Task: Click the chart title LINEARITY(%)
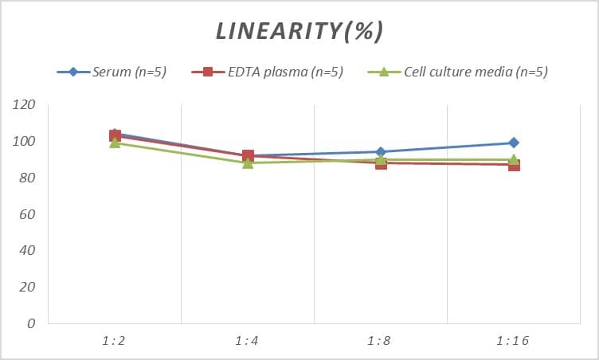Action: [x=299, y=30]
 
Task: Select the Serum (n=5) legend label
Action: [x=128, y=72]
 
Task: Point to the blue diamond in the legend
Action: [x=73, y=72]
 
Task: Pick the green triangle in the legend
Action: [x=382, y=72]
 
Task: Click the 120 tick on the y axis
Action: [x=25, y=105]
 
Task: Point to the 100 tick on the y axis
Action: [x=25, y=142]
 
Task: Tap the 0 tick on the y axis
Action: [x=31, y=323]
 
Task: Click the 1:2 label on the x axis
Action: [x=115, y=341]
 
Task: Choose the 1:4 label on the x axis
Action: [x=248, y=341]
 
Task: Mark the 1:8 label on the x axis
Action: [x=381, y=341]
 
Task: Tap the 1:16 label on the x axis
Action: [x=513, y=341]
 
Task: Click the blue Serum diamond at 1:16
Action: [x=514, y=143]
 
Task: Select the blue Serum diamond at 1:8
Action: [x=381, y=152]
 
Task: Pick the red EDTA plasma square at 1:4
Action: [x=248, y=156]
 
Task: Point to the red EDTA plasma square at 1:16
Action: [x=514, y=165]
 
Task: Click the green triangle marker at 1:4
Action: [x=248, y=163]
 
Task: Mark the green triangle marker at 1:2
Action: [x=115, y=143]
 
